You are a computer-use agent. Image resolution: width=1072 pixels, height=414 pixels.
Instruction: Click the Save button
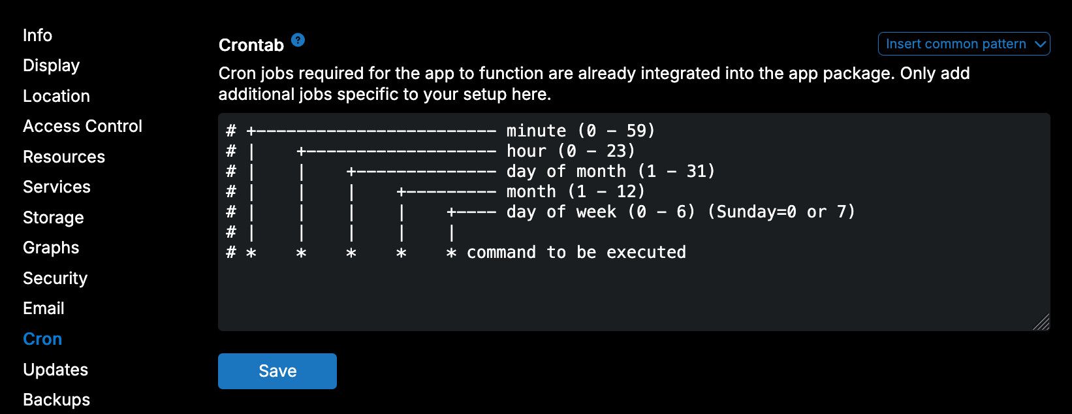click(x=277, y=371)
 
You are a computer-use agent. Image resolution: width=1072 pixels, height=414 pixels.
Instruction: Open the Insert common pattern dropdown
click(x=964, y=44)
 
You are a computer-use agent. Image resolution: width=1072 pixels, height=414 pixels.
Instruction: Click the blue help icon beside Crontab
click(x=298, y=40)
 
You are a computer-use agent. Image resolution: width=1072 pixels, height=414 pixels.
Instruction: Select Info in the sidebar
click(x=37, y=35)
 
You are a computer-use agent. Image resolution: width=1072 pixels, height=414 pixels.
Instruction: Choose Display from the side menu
click(x=51, y=65)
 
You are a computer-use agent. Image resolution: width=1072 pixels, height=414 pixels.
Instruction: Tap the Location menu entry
click(x=56, y=96)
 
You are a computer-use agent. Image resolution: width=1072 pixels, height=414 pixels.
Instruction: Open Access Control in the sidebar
click(x=82, y=126)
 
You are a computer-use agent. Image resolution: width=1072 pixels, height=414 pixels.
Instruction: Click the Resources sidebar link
click(x=63, y=157)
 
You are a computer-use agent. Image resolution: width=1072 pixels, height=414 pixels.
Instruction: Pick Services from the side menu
click(x=56, y=187)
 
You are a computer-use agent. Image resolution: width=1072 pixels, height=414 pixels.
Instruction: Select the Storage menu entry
click(x=53, y=217)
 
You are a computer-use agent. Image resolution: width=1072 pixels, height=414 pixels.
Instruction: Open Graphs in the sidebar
click(x=51, y=248)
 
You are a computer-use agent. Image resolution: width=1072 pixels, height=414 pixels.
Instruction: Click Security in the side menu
click(x=55, y=279)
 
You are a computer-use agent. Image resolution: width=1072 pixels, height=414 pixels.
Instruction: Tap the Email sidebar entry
click(x=44, y=309)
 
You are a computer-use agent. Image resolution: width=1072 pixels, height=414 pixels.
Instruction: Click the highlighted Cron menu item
click(x=42, y=340)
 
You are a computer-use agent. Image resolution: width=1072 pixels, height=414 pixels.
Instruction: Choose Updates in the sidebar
click(x=55, y=370)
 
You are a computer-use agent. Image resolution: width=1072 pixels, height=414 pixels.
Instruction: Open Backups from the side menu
click(x=56, y=400)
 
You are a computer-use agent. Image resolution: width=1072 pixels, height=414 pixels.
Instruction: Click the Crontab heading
click(x=251, y=45)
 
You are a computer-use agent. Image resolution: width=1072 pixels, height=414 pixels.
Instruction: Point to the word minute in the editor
click(x=536, y=131)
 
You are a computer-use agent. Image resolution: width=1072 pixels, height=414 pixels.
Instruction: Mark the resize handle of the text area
click(x=1042, y=322)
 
